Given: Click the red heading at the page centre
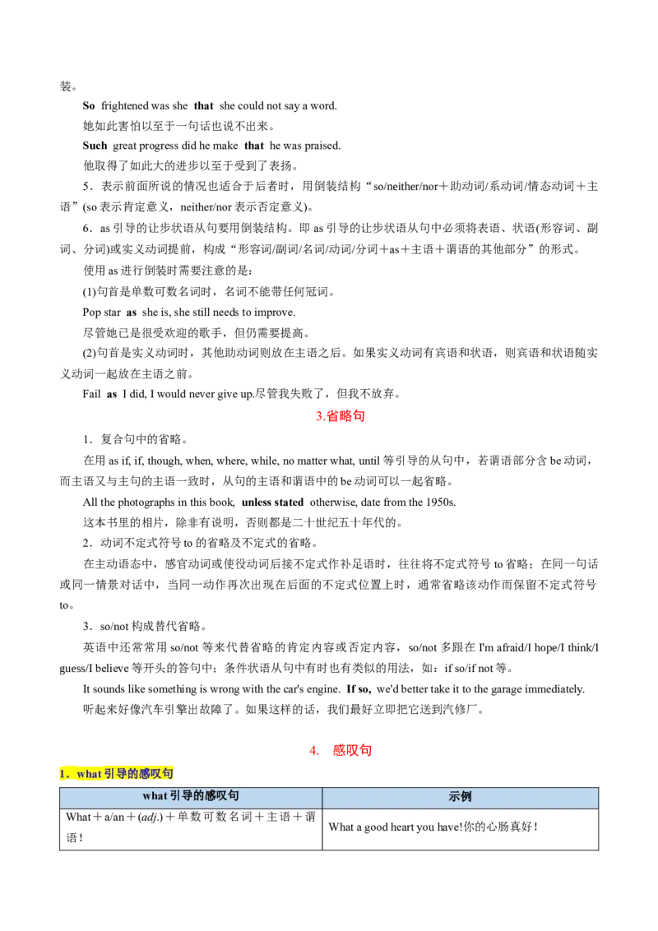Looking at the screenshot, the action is [341, 417].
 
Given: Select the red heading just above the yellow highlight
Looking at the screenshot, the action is [351, 750].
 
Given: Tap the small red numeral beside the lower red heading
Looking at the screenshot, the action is [313, 750].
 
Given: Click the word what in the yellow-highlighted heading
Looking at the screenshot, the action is [88, 774].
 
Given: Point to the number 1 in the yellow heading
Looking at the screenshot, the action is [63, 774].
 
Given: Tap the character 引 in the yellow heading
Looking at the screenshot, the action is [109, 774].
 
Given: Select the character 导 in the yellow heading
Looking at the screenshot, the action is [122, 774].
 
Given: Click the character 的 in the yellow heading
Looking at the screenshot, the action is [135, 774].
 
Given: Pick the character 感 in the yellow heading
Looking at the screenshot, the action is [147, 774].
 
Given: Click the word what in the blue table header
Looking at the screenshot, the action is [155, 796].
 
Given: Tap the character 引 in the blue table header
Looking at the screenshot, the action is [175, 796].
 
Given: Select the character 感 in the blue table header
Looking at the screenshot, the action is [210, 796].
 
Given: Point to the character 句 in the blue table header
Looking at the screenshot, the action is [234, 796].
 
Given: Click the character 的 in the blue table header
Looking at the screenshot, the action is [198, 796].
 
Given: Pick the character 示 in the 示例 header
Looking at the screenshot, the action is [454, 797].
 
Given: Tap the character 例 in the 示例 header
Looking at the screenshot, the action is [466, 797].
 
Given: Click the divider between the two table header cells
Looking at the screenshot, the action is [322, 797].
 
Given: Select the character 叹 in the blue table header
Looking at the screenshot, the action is [222, 796].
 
